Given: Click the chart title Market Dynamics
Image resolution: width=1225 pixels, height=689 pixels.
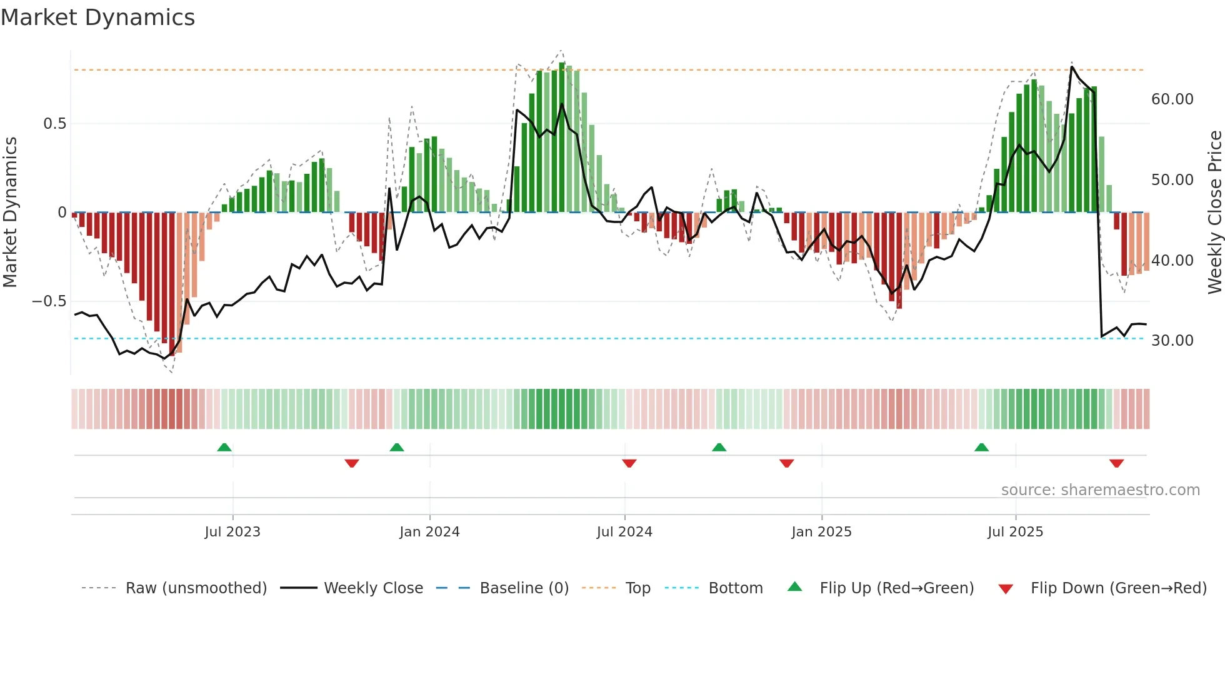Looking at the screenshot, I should coord(97,18).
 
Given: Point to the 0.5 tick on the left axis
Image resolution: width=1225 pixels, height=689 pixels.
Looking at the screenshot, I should coord(54,124).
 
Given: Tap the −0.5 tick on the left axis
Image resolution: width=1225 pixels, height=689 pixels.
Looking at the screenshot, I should coord(49,301).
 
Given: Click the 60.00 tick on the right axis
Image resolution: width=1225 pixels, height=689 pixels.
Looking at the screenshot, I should coord(1172,99).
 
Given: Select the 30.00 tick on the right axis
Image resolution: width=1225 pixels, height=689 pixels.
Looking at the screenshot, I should coord(1172,341).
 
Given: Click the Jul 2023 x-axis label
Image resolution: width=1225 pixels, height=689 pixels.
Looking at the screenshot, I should coord(232,532).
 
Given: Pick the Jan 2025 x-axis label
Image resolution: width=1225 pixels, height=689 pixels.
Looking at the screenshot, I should coord(821,532).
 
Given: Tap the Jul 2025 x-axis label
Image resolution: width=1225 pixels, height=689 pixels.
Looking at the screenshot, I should coord(1015,532).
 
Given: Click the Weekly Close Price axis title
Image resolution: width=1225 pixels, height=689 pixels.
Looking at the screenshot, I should coord(1214,213).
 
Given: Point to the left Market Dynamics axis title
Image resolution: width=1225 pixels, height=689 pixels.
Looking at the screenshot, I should coord(10,213).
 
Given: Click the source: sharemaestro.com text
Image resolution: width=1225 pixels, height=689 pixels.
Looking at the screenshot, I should coord(1100,490).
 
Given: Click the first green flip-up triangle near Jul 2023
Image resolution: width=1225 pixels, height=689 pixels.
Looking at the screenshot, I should coord(224,448).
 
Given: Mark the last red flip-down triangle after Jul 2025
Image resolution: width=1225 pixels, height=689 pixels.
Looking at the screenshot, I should coord(1116,463).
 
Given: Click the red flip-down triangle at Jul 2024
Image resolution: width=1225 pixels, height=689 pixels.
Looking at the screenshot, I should coord(629,463).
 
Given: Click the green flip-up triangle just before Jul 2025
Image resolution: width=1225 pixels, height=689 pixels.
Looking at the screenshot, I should coord(981,448).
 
